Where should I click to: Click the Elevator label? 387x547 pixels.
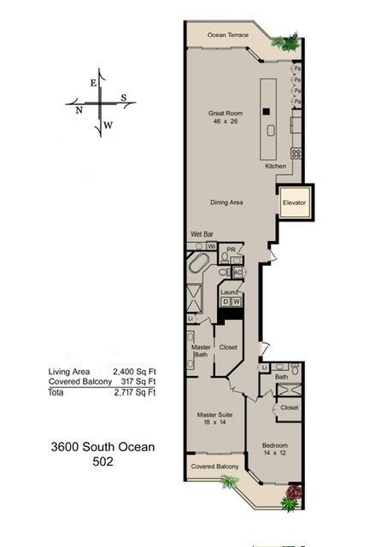(x=295, y=203)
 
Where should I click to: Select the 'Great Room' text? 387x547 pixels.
(x=227, y=113)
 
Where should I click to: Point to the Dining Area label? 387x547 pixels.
(x=229, y=203)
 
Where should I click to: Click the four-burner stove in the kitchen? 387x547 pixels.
(x=296, y=154)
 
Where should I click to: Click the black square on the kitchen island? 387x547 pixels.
(x=267, y=110)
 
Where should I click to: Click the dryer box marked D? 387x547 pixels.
(x=226, y=301)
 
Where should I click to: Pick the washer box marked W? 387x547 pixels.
(x=237, y=301)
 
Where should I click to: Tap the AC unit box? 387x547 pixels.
(x=237, y=273)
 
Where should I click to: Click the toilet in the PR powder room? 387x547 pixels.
(x=224, y=256)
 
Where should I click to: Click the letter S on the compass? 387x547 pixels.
(x=123, y=97)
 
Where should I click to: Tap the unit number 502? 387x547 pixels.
(x=103, y=461)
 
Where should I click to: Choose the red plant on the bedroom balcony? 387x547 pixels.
(x=293, y=493)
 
